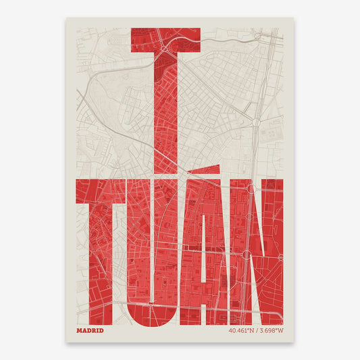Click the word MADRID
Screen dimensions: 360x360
point(91,311)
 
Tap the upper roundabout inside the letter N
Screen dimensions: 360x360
point(251,189)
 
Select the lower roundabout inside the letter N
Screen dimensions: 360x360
point(245,255)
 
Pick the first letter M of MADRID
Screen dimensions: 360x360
point(80,311)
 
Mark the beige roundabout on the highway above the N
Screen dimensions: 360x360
point(257,123)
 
